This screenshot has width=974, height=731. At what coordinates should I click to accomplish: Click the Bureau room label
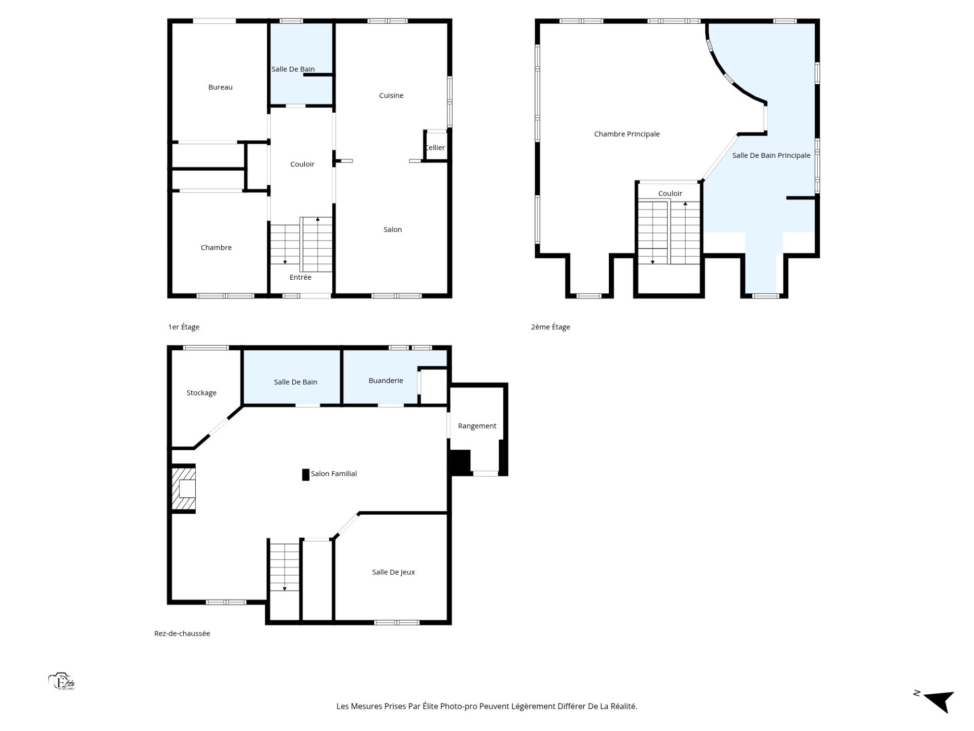point(220,87)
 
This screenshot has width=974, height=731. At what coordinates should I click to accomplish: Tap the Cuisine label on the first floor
point(391,95)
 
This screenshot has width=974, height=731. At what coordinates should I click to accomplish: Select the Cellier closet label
point(435,148)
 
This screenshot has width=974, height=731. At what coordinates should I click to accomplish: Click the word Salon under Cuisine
point(393,229)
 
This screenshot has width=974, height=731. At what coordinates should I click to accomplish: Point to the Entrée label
point(300,277)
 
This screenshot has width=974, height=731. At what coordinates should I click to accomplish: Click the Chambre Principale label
point(627,134)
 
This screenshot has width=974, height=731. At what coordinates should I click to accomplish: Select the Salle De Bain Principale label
point(771,155)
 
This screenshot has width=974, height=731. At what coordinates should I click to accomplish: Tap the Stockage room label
point(201,393)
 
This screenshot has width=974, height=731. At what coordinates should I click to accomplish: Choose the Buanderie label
point(386,381)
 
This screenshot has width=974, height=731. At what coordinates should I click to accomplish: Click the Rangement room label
point(477,426)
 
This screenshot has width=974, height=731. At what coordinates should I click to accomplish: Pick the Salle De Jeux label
point(394,572)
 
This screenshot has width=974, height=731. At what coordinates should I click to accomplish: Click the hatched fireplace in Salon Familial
point(183,489)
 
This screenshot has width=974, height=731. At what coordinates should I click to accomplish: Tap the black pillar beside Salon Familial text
point(306,475)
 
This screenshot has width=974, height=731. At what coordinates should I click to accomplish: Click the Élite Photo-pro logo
point(62,682)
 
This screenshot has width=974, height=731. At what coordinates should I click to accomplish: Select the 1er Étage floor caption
point(184,327)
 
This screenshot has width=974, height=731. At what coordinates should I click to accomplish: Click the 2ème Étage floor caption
point(550,327)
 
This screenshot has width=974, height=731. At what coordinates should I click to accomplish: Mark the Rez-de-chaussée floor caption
point(182,634)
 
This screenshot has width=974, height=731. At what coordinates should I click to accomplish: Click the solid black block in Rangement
point(461,462)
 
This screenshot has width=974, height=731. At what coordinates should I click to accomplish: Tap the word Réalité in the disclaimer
point(622,706)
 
